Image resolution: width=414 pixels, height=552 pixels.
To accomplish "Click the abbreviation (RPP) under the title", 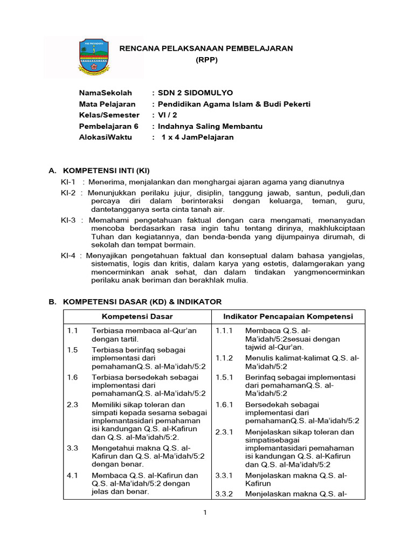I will pyautogui.click(x=206, y=60).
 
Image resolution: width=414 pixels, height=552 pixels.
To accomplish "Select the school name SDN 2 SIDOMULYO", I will pyautogui.click(x=195, y=93).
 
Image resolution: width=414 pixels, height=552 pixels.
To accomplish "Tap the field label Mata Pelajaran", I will pyautogui.click(x=107, y=104).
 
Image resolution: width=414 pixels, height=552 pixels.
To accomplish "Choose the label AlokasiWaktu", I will pyautogui.click(x=107, y=137).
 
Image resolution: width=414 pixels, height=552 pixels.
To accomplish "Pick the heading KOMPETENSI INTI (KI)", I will pyautogui.click(x=106, y=171).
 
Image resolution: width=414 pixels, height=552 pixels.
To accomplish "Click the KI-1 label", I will pyautogui.click(x=68, y=182).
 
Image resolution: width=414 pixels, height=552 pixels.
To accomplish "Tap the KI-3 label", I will pyautogui.click(x=69, y=220).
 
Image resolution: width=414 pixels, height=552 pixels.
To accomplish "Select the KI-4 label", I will pyautogui.click(x=69, y=256).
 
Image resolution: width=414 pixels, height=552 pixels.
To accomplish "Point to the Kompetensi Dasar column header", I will pyautogui.click(x=137, y=316).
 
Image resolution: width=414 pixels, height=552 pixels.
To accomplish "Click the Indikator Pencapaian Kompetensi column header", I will pyautogui.click(x=288, y=316).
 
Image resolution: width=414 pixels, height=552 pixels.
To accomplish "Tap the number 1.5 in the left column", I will pyautogui.click(x=73, y=350).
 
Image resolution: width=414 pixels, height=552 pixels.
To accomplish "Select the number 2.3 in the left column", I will pyautogui.click(x=73, y=404).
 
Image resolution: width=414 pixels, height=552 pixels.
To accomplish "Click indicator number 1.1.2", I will pyautogui.click(x=224, y=358).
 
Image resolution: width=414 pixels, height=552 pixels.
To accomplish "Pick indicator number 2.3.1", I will pyautogui.click(x=224, y=432).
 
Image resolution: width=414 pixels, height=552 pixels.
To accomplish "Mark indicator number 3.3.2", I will pyautogui.click(x=224, y=494).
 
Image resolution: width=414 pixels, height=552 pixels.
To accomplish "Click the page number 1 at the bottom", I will pyautogui.click(x=205, y=512).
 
